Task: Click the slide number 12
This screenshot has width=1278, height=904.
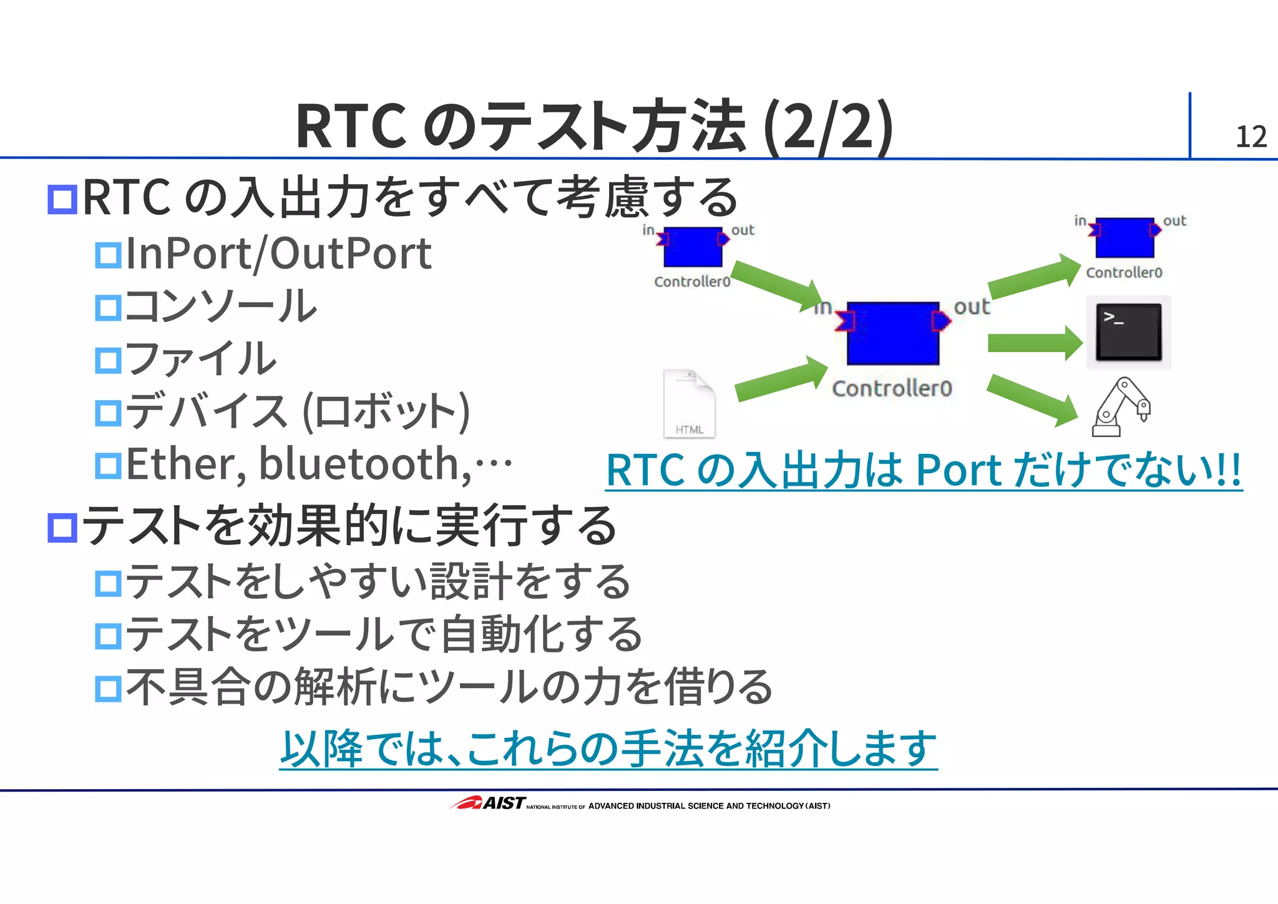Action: click(1251, 137)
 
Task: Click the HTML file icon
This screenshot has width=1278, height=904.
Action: click(689, 404)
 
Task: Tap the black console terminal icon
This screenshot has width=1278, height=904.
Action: click(1128, 332)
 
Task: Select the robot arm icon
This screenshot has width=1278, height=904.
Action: click(1121, 407)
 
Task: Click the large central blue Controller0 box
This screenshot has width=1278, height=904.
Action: click(892, 333)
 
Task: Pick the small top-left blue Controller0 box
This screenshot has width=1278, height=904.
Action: click(693, 247)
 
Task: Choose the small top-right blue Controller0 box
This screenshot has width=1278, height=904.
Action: click(1124, 238)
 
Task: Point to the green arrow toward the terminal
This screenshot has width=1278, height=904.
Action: click(1035, 343)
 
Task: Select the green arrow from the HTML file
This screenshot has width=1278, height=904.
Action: click(780, 378)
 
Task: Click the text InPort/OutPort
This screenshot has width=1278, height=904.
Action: click(278, 254)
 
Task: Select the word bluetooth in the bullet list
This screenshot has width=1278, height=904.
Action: click(364, 464)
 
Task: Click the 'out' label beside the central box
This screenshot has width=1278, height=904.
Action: click(972, 307)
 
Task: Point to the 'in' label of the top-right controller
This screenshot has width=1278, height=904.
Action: click(1080, 220)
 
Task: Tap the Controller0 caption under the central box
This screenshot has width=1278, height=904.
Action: click(892, 388)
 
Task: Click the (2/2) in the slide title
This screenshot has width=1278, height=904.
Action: click(828, 127)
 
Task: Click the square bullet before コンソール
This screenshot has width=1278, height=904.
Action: click(108, 308)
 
